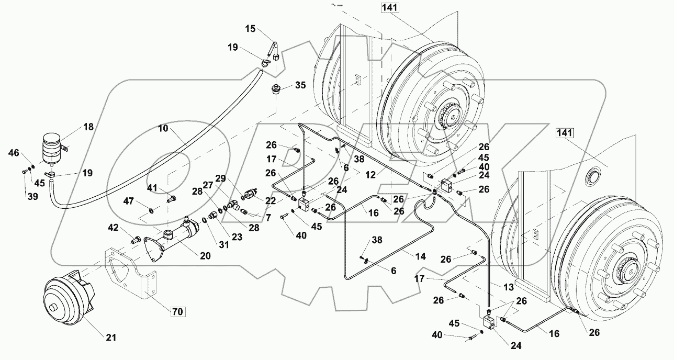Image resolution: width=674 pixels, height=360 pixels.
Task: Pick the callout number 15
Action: pos(252,29)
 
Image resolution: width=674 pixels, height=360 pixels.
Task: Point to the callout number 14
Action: pos(421,256)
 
